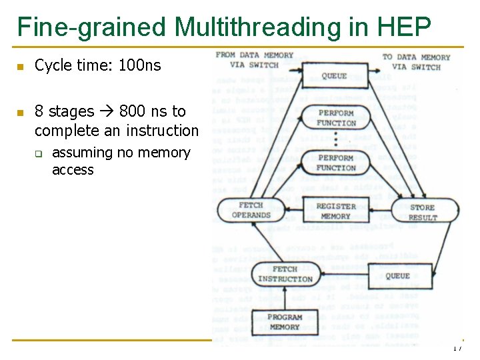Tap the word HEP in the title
pyautogui.click(x=404, y=27)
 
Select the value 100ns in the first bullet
pyautogui.click(x=139, y=65)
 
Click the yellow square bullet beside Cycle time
pyautogui.click(x=21, y=67)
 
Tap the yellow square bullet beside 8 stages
pyautogui.click(x=21, y=112)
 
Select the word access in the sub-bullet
pyautogui.click(x=73, y=170)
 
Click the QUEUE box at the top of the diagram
pyautogui.click(x=334, y=76)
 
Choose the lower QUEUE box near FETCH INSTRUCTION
pyautogui.click(x=397, y=275)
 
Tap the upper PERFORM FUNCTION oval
pyautogui.click(x=336, y=119)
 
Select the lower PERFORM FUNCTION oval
pyautogui.click(x=336, y=163)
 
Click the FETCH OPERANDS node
pyautogui.click(x=251, y=211)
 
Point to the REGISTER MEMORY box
pyautogui.click(x=335, y=211)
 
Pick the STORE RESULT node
pyautogui.click(x=423, y=213)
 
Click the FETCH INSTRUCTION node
pyautogui.click(x=285, y=274)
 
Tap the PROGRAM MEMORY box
pyautogui.click(x=285, y=322)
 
